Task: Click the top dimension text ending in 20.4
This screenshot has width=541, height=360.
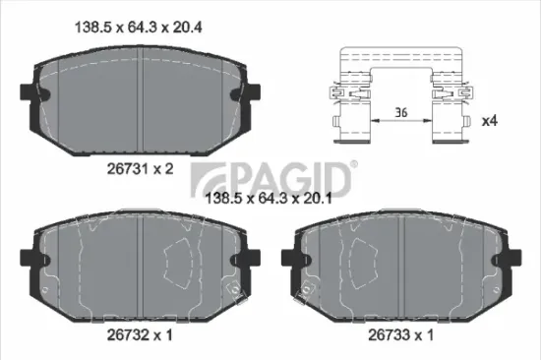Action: point(134,28)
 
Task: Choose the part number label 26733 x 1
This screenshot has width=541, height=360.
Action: point(400,334)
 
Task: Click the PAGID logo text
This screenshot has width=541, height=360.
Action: point(284,179)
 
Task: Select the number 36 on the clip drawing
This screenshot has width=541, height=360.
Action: point(401,114)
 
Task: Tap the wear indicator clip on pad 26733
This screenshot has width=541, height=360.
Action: point(308,291)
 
